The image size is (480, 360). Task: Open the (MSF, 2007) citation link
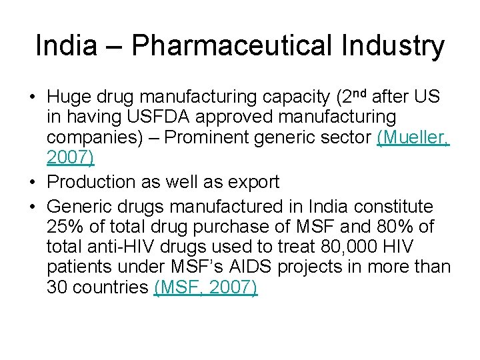pyautogui.click(x=205, y=288)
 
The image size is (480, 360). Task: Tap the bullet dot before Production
pyautogui.click(x=33, y=182)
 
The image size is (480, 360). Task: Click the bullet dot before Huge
pyautogui.click(x=33, y=98)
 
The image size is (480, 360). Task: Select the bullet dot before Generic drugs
pyautogui.click(x=33, y=207)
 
